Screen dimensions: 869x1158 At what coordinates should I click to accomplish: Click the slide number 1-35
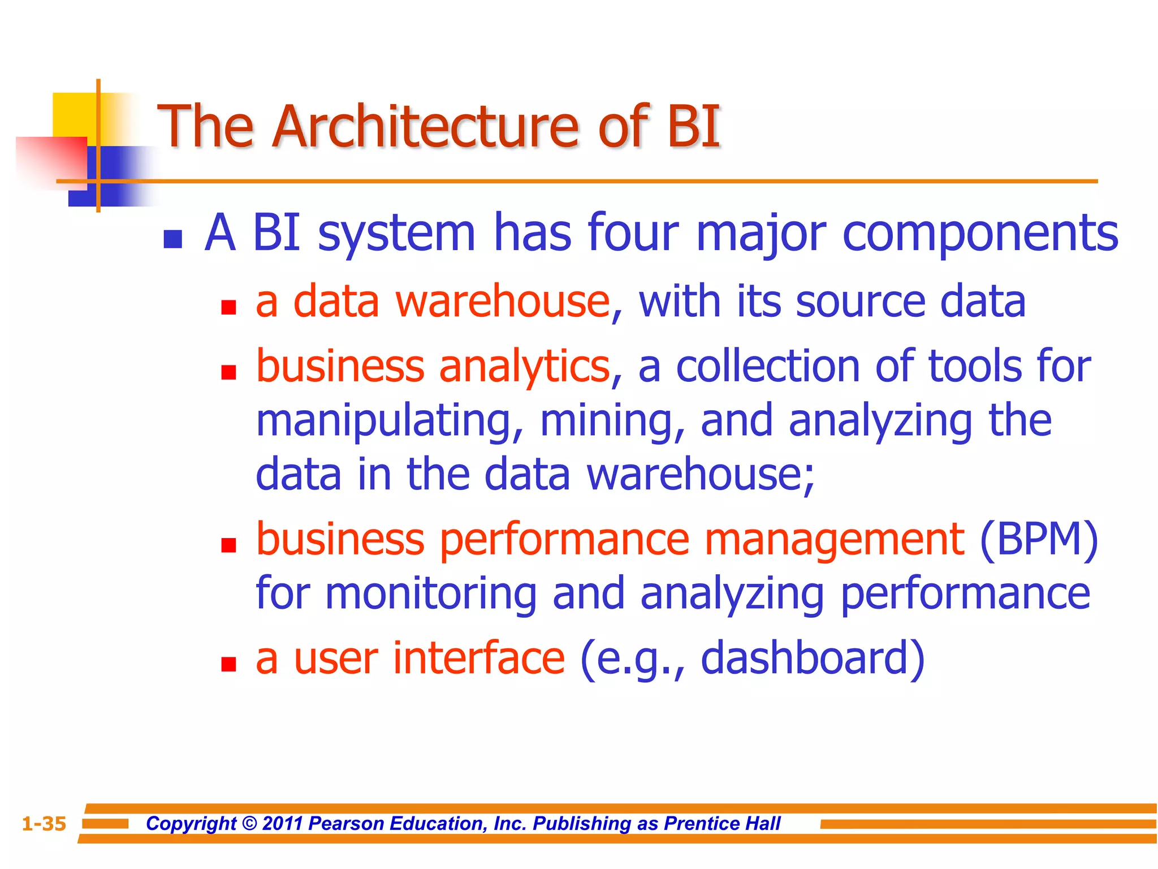(x=44, y=824)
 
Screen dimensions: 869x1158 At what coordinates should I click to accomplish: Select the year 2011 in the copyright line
(x=283, y=824)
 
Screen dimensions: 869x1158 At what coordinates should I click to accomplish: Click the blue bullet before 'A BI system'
(x=172, y=239)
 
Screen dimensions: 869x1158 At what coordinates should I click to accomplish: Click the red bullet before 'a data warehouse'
(x=228, y=307)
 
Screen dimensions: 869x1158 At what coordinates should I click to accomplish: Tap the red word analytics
(x=524, y=367)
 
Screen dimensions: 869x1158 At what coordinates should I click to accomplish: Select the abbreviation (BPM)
(x=1039, y=539)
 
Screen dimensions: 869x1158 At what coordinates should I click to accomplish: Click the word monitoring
(x=430, y=593)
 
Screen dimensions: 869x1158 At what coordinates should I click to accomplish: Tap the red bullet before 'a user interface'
(x=228, y=663)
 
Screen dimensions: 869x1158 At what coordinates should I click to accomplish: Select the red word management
(x=834, y=539)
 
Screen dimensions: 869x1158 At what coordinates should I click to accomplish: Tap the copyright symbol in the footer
(x=249, y=824)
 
